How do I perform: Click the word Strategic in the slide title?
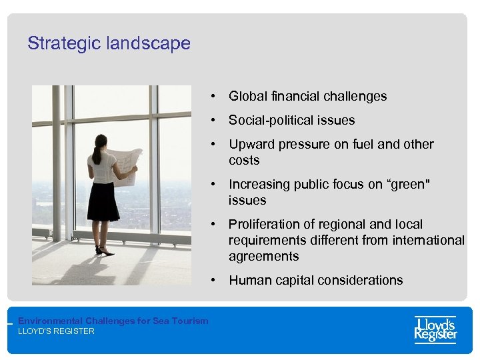pos(59,44)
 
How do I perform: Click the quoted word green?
pos(406,184)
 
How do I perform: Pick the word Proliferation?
pos(262,224)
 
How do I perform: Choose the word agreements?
pos(263,256)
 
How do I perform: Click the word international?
pos(424,240)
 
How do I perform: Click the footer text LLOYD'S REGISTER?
pos(56,331)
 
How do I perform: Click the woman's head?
pos(101,141)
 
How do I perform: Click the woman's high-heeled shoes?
pos(104,251)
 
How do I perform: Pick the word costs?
pos(244,160)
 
